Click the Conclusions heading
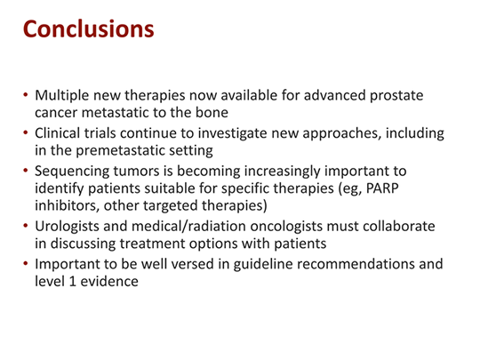(89, 29)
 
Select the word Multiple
(62, 96)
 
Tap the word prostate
(396, 96)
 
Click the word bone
(212, 112)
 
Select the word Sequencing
(72, 172)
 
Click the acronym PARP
(382, 188)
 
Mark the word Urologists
(67, 227)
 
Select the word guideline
(263, 265)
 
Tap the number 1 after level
(73, 281)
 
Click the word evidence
(109, 281)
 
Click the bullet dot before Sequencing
(26, 170)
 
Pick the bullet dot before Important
(26, 263)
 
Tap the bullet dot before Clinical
(26, 132)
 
